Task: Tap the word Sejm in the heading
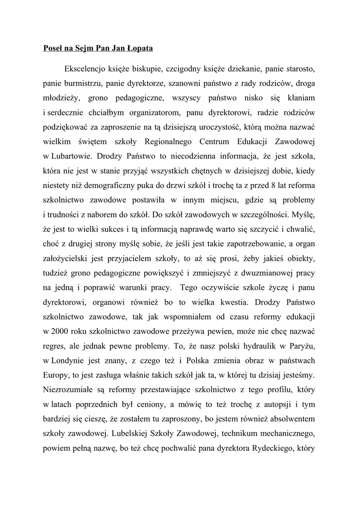click(x=83, y=49)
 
